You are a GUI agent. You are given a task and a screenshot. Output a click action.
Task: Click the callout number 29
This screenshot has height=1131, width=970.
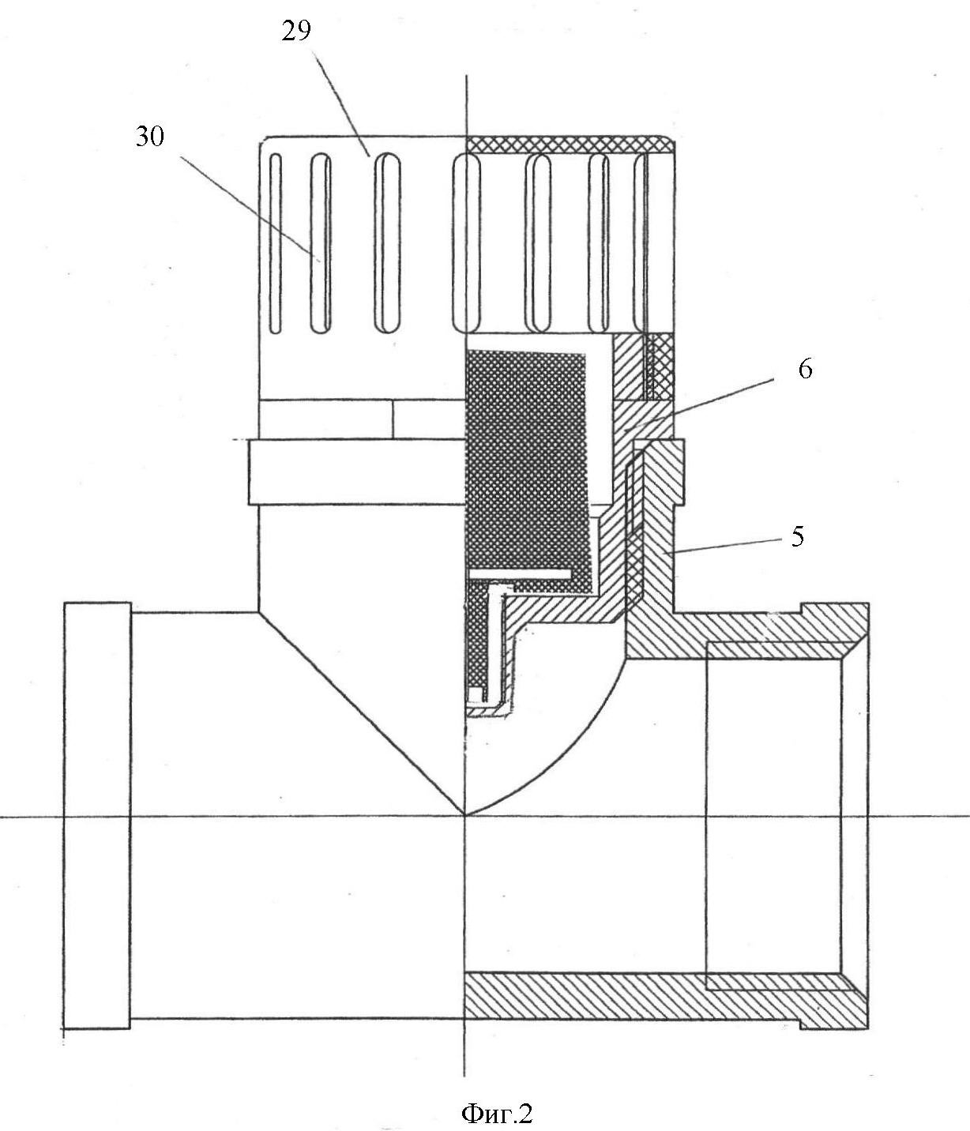[296, 32]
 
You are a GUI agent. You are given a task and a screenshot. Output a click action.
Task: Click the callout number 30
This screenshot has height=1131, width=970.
[150, 137]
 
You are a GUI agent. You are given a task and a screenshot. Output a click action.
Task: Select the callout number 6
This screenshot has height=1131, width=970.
[805, 370]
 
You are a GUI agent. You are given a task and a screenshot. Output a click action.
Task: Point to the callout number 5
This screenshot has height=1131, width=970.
[798, 537]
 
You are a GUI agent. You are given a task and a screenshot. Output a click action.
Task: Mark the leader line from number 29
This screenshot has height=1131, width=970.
[341, 104]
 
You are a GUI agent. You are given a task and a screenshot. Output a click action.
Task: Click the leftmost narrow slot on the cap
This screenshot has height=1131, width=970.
[276, 243]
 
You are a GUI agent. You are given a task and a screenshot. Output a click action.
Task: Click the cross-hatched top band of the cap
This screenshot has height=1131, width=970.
[570, 144]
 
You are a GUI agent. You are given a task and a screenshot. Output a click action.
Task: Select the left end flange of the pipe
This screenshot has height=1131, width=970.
[97, 899]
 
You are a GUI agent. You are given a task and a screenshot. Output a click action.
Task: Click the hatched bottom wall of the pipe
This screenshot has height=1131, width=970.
[666, 1003]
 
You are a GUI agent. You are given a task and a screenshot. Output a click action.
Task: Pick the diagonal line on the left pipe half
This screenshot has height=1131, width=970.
[361, 713]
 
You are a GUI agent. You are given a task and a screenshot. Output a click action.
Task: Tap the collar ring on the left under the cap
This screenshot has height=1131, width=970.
[356, 472]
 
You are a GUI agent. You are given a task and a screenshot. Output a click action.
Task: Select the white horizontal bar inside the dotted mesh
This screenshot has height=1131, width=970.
[519, 574]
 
